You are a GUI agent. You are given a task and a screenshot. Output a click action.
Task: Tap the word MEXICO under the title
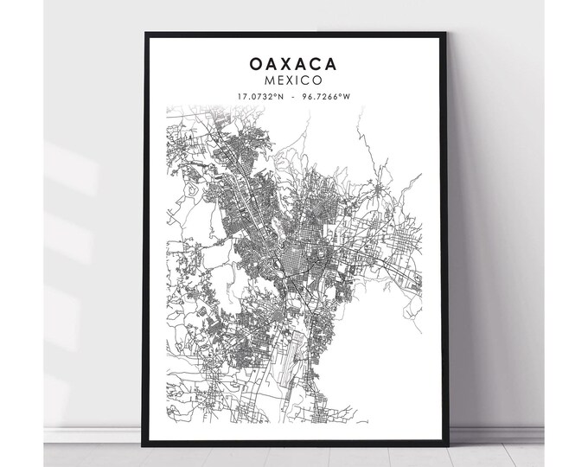[294, 80]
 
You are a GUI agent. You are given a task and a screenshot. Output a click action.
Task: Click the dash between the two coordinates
[295, 96]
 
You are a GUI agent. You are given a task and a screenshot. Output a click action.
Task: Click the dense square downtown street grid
[294, 260]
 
